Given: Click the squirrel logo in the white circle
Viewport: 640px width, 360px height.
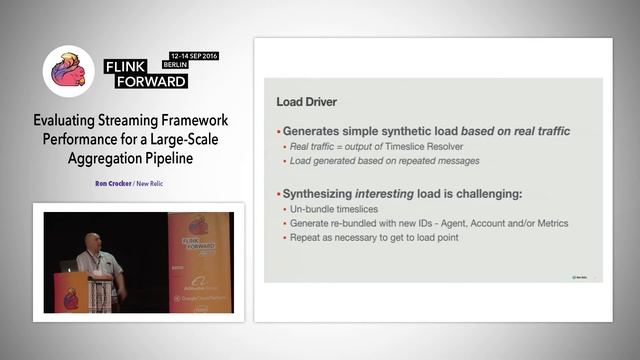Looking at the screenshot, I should pyautogui.click(x=68, y=72).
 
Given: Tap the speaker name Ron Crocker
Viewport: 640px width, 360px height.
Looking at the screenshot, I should pyautogui.click(x=117, y=184).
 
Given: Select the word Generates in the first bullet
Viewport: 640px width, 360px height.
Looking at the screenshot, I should pyautogui.click(x=314, y=131).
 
